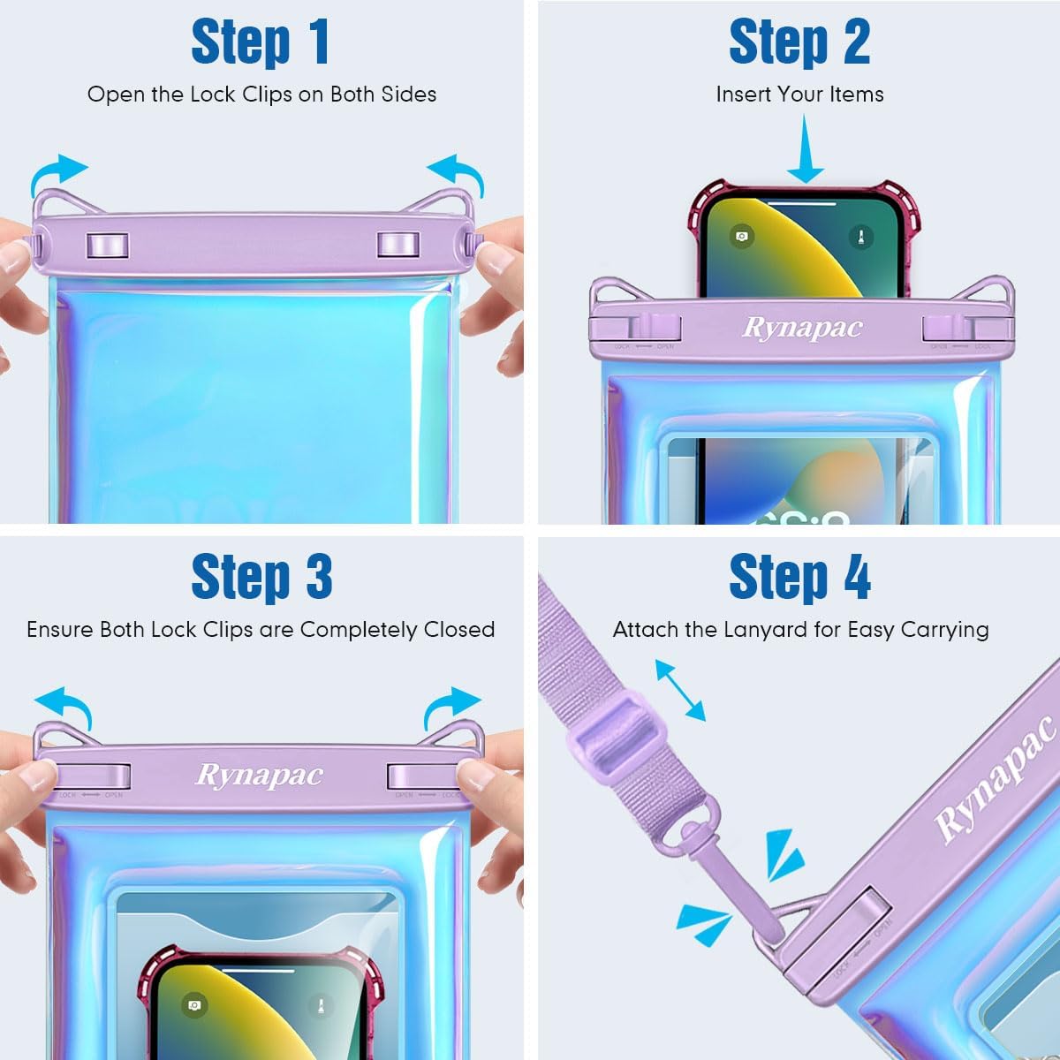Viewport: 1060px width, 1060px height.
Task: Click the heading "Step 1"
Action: (261, 42)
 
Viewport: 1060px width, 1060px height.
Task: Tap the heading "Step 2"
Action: (799, 42)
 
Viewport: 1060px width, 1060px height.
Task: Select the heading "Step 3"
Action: (261, 578)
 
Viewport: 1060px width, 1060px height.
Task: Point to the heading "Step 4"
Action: (799, 578)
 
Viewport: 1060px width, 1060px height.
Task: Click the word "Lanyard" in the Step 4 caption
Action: (765, 630)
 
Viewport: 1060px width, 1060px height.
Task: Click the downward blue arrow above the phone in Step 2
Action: (805, 150)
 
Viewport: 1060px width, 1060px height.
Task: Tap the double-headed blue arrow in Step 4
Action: (680, 690)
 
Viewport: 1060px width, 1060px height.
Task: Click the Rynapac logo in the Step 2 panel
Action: (802, 328)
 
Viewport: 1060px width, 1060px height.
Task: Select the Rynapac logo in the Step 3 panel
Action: (259, 775)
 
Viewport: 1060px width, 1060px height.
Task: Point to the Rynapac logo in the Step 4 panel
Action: (995, 777)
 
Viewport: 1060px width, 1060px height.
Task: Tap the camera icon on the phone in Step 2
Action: (742, 236)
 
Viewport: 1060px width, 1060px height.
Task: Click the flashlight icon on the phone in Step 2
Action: (860, 237)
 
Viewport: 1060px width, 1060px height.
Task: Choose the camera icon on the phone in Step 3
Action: (194, 1005)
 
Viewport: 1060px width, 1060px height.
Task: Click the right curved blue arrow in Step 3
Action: (451, 705)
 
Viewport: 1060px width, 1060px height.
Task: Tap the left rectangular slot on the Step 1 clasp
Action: (107, 245)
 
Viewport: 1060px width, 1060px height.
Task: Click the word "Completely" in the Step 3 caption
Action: (360, 630)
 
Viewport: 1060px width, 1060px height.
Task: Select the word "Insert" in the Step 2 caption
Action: (740, 95)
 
